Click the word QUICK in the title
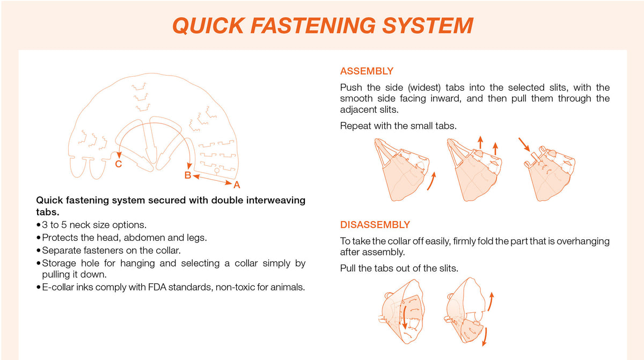[209, 26]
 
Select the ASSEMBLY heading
[367, 71]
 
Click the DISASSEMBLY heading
[375, 225]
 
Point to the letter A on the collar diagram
[237, 185]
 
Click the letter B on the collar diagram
[188, 175]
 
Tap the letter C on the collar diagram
[119, 164]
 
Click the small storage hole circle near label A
[217, 171]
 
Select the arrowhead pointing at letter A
[229, 183]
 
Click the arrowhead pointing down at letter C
[119, 155]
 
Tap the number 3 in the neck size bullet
[45, 225]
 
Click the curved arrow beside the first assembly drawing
[432, 181]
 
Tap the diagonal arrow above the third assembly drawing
[524, 144]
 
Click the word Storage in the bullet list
[59, 263]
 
